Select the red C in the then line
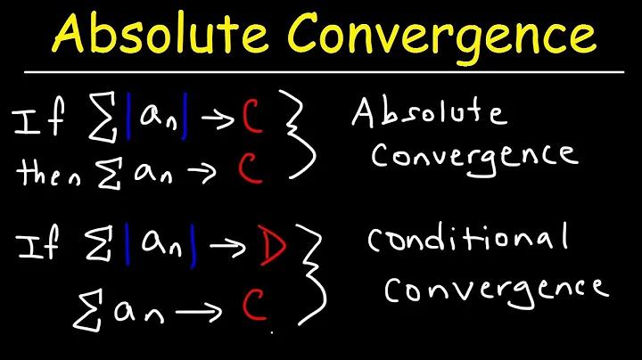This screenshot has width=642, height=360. point(252,169)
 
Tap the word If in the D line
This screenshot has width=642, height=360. point(39,244)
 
